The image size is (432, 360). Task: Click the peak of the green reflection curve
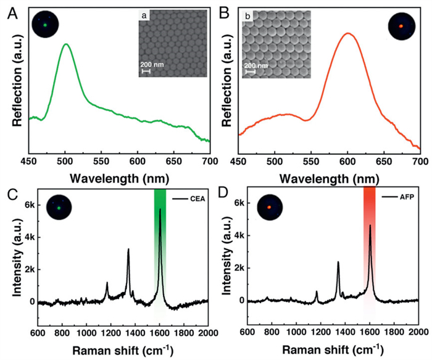tap(65, 44)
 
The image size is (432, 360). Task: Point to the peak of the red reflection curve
tap(348, 33)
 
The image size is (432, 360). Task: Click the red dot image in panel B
tap(401, 27)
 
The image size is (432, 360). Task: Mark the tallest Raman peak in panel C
tap(160, 209)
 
